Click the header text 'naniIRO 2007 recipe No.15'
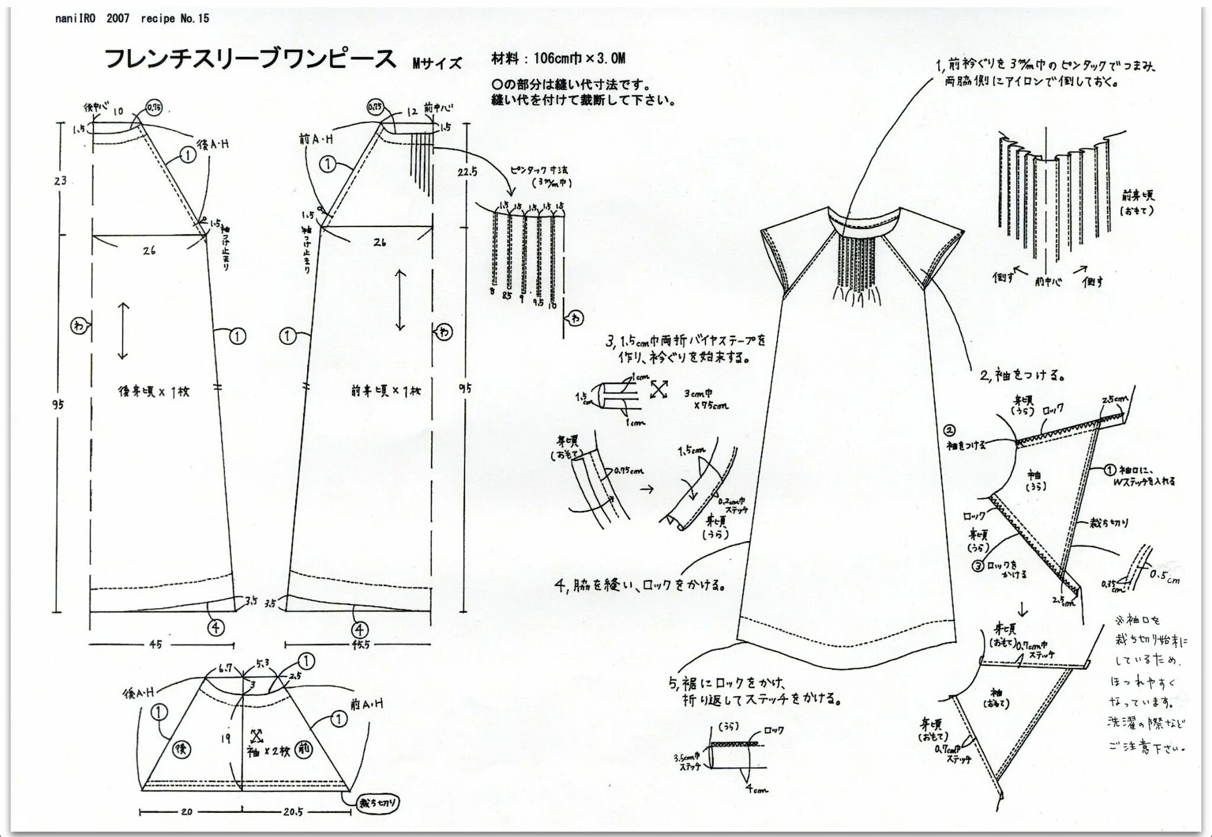point(132,18)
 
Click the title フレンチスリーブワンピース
point(250,59)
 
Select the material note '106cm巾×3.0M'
point(579,58)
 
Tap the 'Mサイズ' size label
point(437,63)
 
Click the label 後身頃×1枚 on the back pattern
point(153,392)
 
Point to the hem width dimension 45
point(156,644)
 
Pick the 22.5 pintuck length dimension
point(467,171)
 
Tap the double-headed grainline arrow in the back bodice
point(123,331)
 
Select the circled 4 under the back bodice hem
point(216,626)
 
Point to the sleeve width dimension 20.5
point(293,812)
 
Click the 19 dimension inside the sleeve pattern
point(225,738)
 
